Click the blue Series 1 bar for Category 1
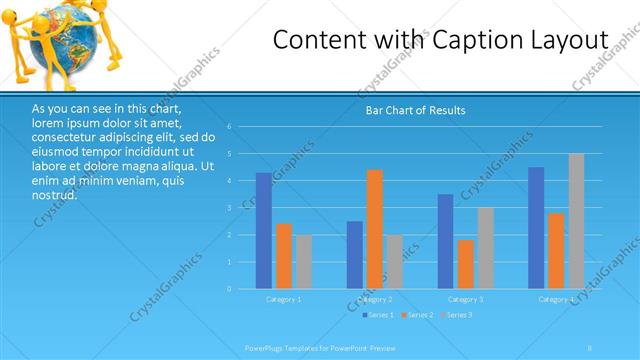[263, 231]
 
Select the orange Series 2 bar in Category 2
[375, 229]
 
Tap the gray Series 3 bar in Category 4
[576, 221]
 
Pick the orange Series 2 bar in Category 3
[465, 264]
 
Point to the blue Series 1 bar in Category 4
[536, 228]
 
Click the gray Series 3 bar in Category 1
[304, 262]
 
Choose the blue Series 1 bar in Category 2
[355, 255]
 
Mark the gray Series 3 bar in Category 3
[486, 248]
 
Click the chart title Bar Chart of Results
[415, 110]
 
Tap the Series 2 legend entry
[417, 315]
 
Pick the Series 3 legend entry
[456, 315]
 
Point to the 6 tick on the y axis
[229, 127]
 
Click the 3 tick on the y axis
[229, 208]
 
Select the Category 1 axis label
[284, 299]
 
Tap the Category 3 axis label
[466, 299]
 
